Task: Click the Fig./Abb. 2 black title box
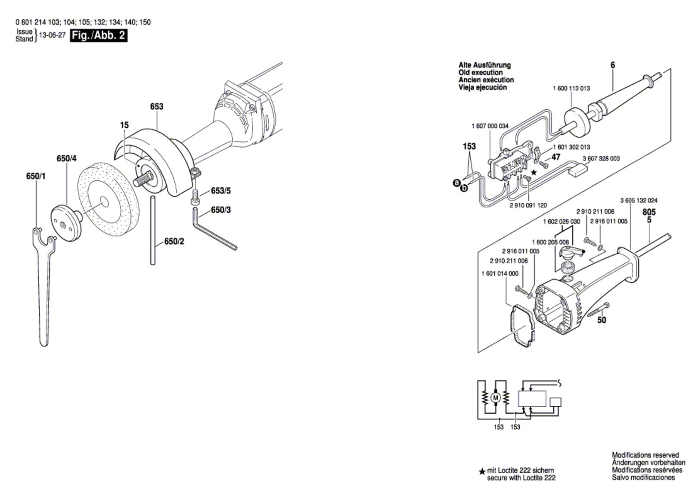click(99, 35)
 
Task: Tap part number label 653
click(157, 106)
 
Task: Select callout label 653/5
click(221, 191)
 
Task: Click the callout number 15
click(124, 125)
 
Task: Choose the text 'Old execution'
click(480, 72)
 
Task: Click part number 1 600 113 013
click(571, 88)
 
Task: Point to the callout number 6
click(613, 65)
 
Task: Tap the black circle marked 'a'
click(456, 184)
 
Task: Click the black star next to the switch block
click(534, 172)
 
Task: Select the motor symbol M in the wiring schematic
click(495, 397)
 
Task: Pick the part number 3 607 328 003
click(601, 158)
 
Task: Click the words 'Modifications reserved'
click(645, 455)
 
